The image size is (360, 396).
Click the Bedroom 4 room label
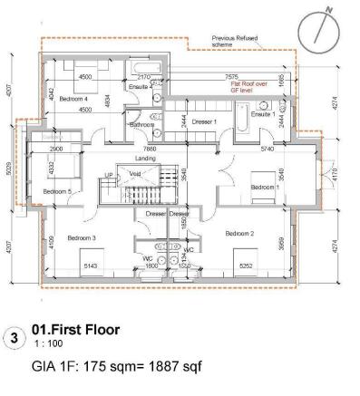pos(74,98)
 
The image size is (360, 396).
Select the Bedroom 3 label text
pos(82,237)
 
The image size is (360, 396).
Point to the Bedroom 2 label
pos(242,232)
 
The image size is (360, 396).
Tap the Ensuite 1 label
pos(263,115)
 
